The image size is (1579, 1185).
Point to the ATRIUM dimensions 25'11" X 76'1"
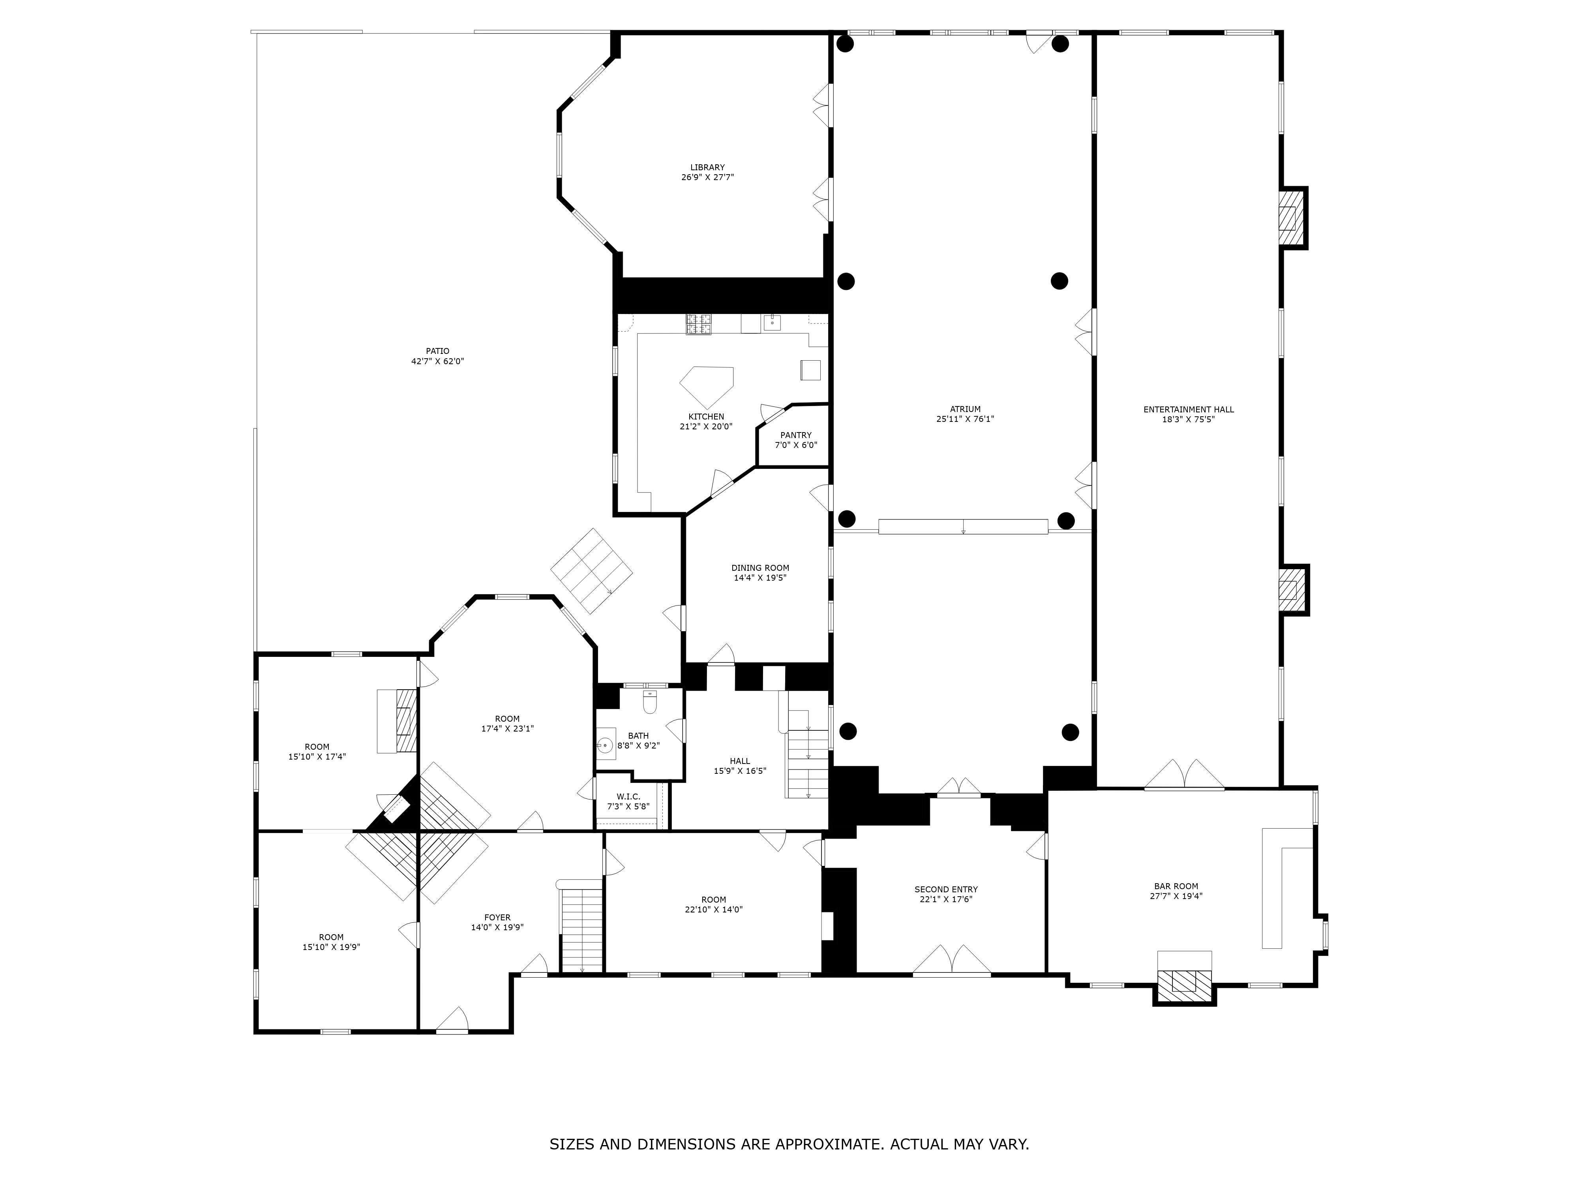click(965, 419)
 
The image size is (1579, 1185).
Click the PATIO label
click(437, 351)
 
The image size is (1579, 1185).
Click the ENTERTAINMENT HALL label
click(1188, 409)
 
